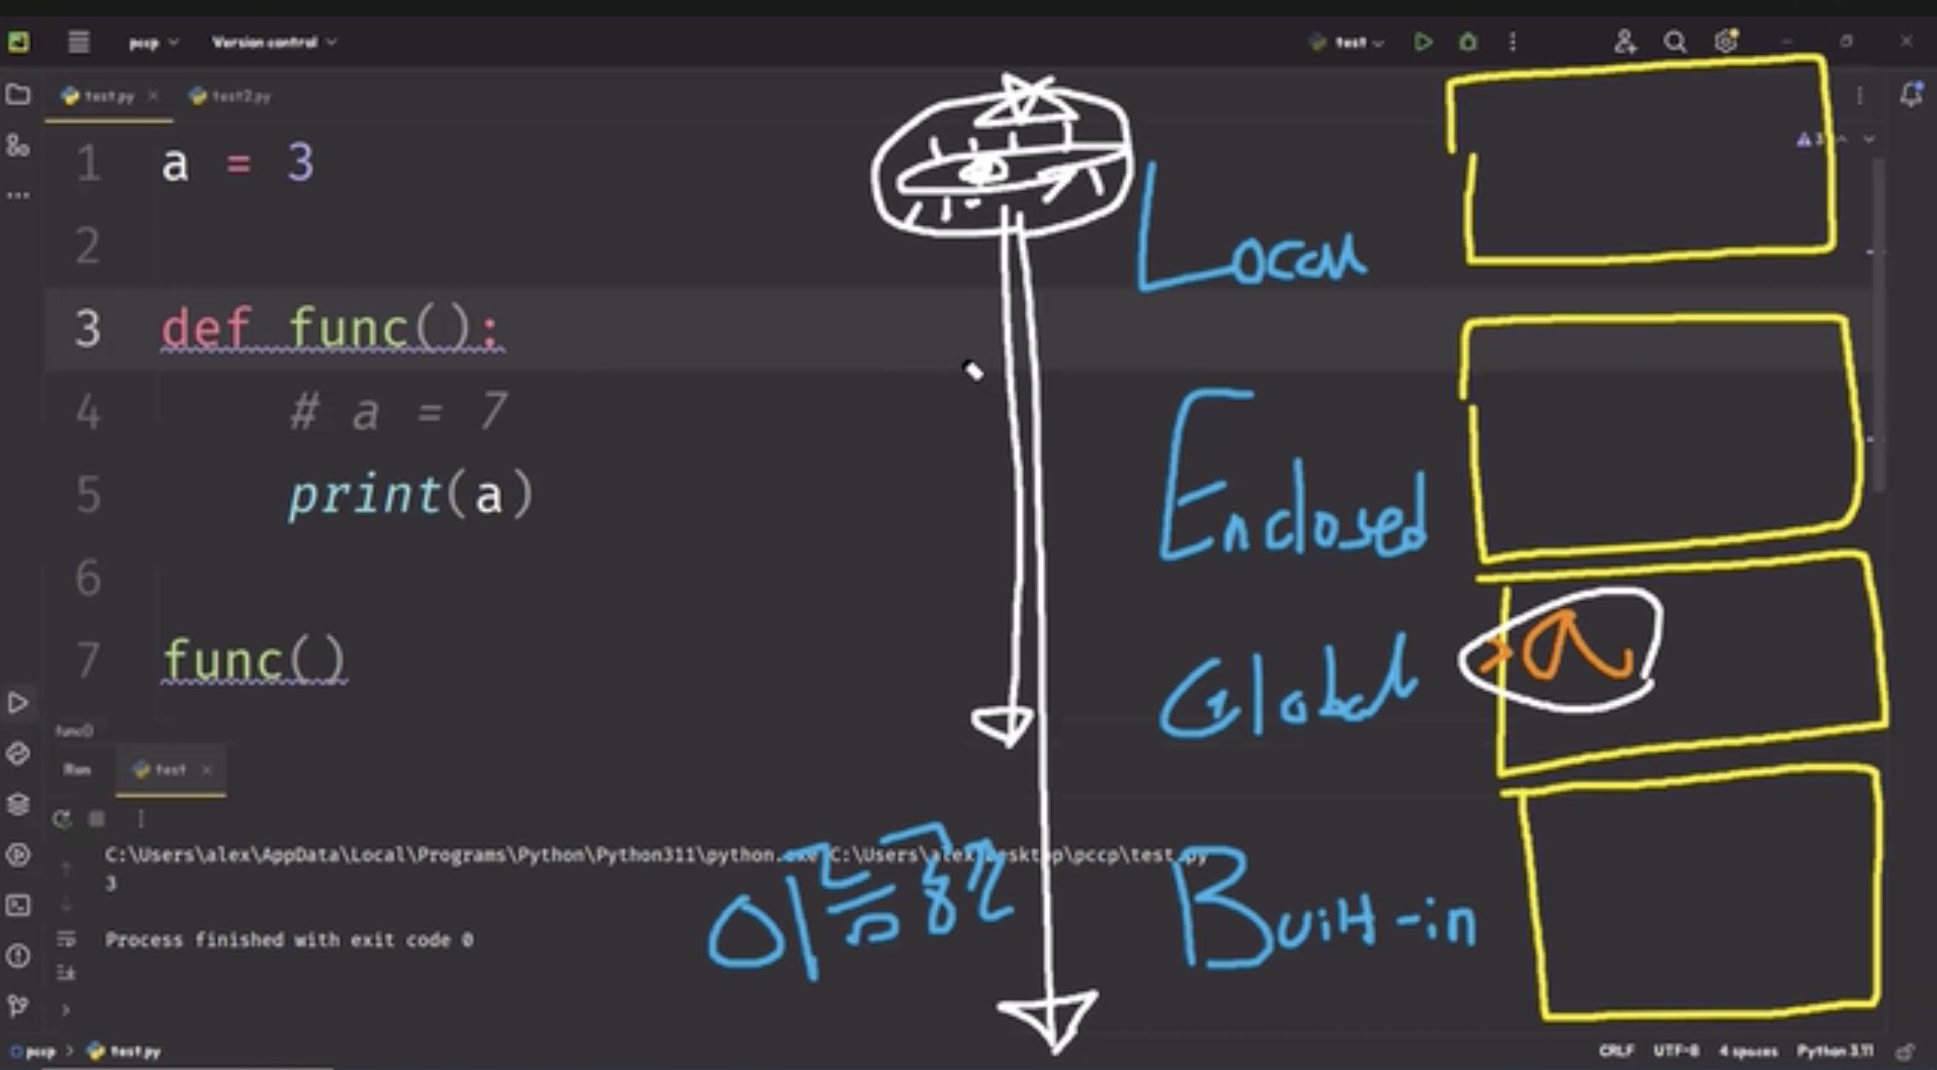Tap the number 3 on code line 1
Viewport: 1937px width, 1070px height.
tap(300, 163)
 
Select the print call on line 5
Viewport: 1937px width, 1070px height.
tap(365, 495)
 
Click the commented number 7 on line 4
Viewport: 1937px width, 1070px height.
tap(494, 411)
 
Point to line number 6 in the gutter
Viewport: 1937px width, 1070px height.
tap(88, 577)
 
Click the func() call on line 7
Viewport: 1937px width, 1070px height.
tap(253, 660)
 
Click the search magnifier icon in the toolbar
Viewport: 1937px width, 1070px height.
tap(1675, 42)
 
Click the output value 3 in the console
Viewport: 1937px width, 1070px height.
tap(111, 884)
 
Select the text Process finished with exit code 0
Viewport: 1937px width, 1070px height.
tap(289, 940)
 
